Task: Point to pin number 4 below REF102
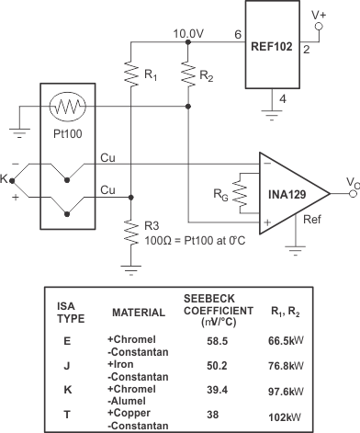283,98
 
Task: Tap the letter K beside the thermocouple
7,175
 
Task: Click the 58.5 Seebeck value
218,339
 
